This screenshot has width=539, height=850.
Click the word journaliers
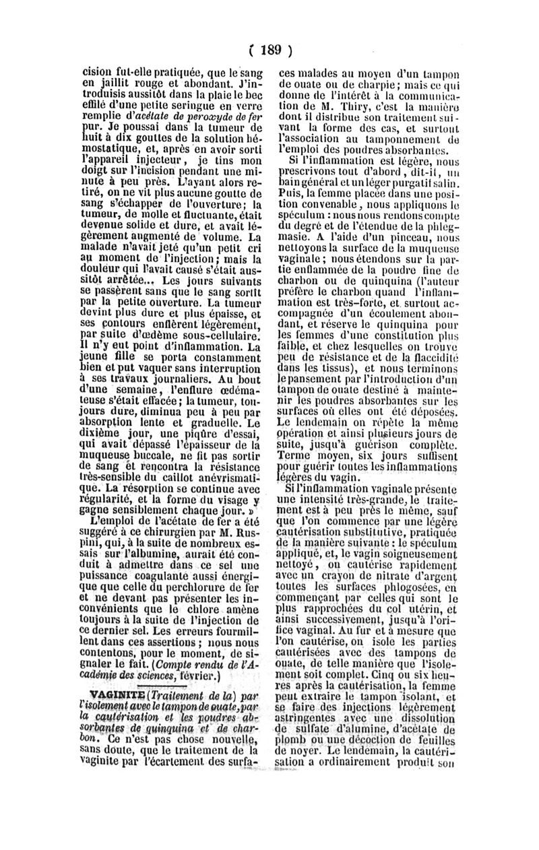pyautogui.click(x=175, y=378)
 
